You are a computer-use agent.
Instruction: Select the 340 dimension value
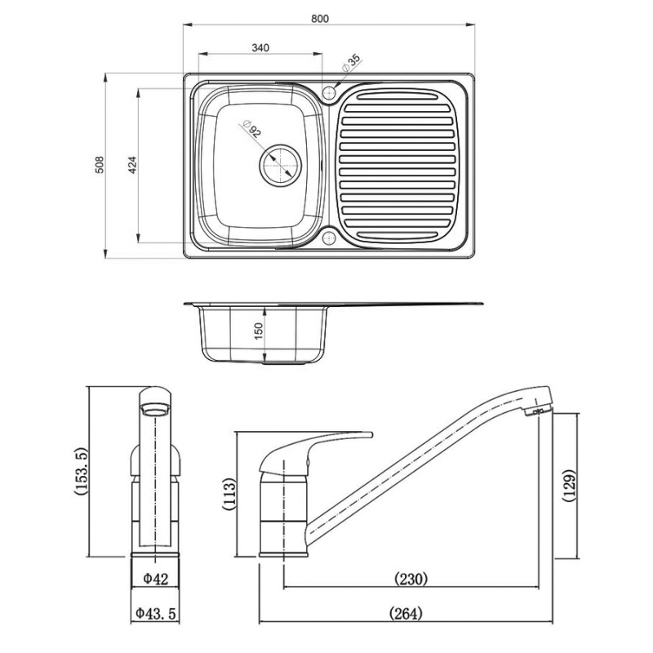tap(260, 48)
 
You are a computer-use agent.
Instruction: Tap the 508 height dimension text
tap(100, 167)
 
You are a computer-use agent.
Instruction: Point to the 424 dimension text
tap(131, 165)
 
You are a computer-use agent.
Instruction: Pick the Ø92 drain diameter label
tap(251, 130)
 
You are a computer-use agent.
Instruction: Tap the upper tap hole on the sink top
tap(330, 91)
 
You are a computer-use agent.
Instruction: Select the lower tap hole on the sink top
tap(330, 238)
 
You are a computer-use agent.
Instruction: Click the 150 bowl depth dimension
tap(260, 333)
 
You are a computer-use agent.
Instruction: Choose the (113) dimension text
tap(229, 495)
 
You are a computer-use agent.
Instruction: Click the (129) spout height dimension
tap(570, 486)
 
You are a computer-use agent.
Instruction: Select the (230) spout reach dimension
tap(411, 579)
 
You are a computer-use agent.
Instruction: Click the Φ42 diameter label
tap(154, 579)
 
